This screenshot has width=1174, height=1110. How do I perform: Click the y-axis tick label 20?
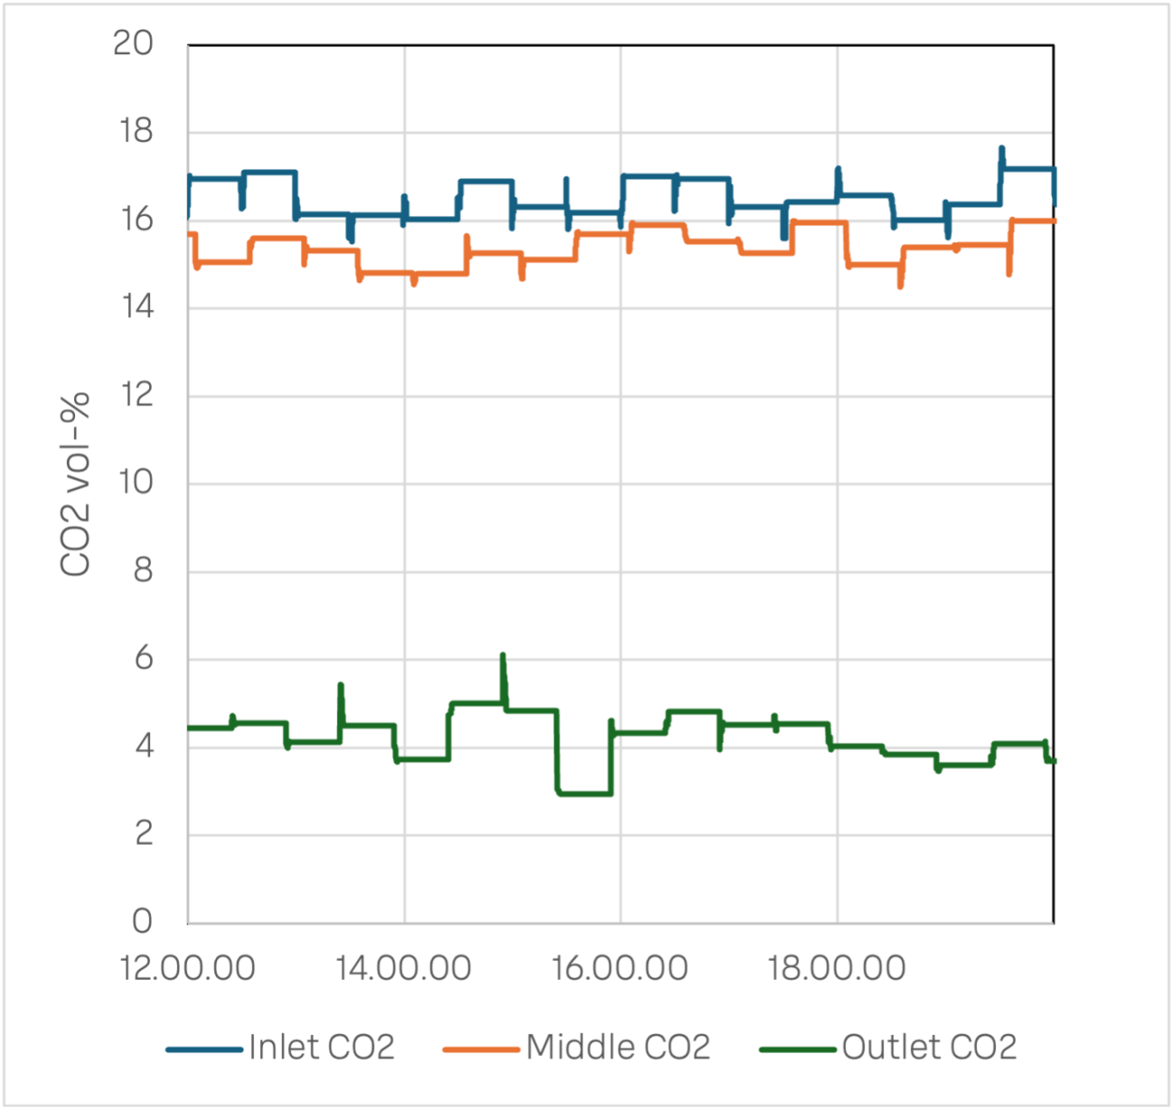[134, 43]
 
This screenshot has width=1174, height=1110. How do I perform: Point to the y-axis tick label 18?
[135, 132]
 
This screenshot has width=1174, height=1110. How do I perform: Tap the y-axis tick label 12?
[135, 395]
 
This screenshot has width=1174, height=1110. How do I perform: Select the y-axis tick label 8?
[143, 571]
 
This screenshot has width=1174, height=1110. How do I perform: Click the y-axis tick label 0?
[143, 921]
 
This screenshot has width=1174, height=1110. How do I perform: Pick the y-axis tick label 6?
[143, 658]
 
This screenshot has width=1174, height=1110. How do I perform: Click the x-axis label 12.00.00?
[188, 968]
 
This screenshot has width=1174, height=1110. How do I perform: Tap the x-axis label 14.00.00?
[404, 968]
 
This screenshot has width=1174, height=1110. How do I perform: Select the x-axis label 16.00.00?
[620, 968]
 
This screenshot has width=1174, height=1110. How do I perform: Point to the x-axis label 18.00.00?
[837, 968]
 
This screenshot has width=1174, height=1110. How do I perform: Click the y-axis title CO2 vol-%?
[76, 484]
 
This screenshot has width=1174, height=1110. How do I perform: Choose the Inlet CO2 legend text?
[322, 1048]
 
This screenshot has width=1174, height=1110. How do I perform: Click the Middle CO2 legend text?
[619, 1048]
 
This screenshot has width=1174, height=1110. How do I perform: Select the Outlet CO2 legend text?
[929, 1048]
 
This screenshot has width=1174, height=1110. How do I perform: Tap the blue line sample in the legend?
[205, 1049]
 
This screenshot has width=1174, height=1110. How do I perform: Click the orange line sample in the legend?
[481, 1049]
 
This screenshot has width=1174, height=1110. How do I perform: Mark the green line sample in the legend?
[797, 1049]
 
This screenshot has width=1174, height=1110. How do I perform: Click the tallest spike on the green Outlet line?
[503, 657]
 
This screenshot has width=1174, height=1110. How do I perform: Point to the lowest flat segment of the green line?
[585, 794]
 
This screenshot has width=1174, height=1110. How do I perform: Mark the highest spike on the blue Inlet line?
[1002, 149]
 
